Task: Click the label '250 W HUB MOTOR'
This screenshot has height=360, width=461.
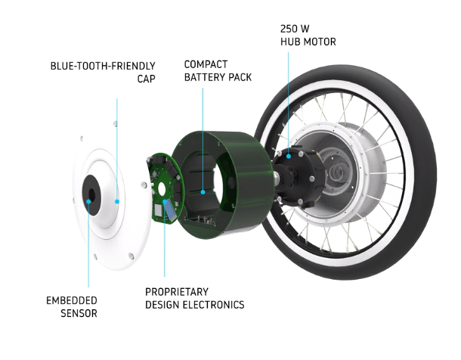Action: (x=308, y=36)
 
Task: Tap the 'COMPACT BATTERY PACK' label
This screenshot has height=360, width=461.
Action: (x=218, y=71)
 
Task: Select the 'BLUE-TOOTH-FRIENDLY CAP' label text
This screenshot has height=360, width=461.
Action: (x=103, y=73)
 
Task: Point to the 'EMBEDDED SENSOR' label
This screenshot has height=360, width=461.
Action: (x=72, y=307)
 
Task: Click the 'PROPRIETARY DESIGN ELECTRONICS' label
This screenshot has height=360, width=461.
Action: (x=195, y=298)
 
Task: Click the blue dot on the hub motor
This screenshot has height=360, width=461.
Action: (x=289, y=157)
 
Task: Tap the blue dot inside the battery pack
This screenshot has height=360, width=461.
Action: (x=203, y=192)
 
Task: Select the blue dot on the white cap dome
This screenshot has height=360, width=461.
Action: (x=117, y=201)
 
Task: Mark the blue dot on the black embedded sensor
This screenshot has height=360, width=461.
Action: (x=88, y=201)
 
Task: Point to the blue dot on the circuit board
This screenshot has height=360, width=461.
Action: (x=165, y=201)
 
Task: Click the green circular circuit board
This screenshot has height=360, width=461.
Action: (x=165, y=188)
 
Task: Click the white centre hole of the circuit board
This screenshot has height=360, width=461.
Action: (x=162, y=188)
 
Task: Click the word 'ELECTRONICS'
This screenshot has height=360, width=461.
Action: (x=213, y=305)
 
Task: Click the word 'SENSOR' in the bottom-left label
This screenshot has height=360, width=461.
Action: (x=79, y=313)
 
